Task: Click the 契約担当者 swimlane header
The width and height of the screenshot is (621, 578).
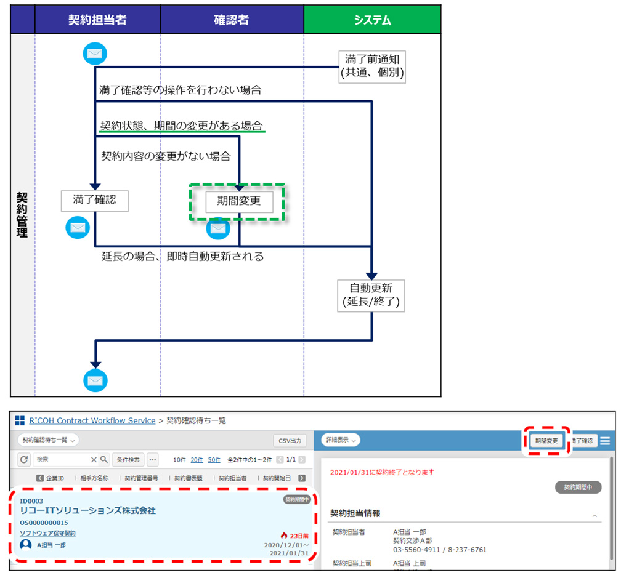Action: [x=97, y=20]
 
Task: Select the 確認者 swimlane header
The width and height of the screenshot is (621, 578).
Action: [x=232, y=20]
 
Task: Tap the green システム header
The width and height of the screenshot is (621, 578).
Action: [x=372, y=20]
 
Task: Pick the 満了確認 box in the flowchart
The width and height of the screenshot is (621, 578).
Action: [x=94, y=201]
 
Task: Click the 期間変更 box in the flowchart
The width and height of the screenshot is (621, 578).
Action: [x=238, y=201]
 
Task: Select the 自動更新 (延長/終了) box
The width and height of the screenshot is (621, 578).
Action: [x=370, y=295]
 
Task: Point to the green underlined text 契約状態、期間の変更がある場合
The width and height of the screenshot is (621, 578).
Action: [x=182, y=126]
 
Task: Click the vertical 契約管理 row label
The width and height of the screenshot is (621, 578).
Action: [x=22, y=214]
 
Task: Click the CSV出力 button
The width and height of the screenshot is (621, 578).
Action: [x=290, y=440]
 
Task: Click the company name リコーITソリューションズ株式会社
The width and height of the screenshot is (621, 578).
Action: [x=88, y=510]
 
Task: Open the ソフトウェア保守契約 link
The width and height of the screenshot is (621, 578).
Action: [x=48, y=533]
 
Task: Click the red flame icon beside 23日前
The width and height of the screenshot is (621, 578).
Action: [x=284, y=536]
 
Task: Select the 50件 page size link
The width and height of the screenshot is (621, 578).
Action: [x=214, y=459]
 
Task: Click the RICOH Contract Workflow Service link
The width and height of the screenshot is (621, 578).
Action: [x=92, y=420]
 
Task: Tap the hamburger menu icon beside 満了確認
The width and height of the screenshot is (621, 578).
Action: [x=605, y=441]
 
